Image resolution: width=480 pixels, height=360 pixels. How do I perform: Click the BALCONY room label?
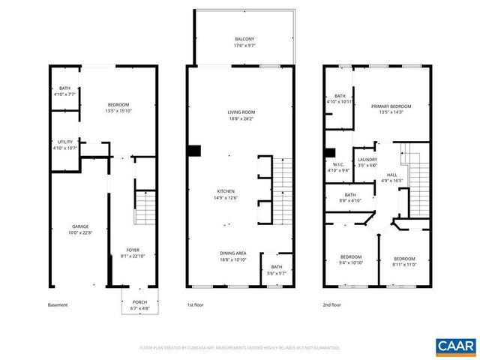click(x=241, y=39)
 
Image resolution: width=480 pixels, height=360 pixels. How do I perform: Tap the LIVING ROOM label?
click(x=241, y=112)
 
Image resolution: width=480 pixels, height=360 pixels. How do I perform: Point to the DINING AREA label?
click(x=241, y=253)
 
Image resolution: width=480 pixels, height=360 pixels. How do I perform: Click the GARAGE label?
click(x=80, y=226)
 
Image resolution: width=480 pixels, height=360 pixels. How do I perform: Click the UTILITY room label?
click(x=65, y=142)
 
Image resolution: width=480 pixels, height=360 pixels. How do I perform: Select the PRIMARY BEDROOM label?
click(x=391, y=106)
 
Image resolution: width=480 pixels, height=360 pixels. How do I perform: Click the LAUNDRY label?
click(x=367, y=160)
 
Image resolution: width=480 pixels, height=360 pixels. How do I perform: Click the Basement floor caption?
click(x=58, y=304)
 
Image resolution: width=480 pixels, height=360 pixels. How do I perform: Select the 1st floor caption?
click(x=196, y=304)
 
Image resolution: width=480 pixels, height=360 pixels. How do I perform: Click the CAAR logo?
click(x=454, y=345)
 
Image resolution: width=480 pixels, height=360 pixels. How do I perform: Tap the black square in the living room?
click(x=194, y=151)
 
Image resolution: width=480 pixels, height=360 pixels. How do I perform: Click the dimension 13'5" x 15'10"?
click(x=118, y=110)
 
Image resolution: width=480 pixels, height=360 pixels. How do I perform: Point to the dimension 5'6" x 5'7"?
click(x=276, y=273)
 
